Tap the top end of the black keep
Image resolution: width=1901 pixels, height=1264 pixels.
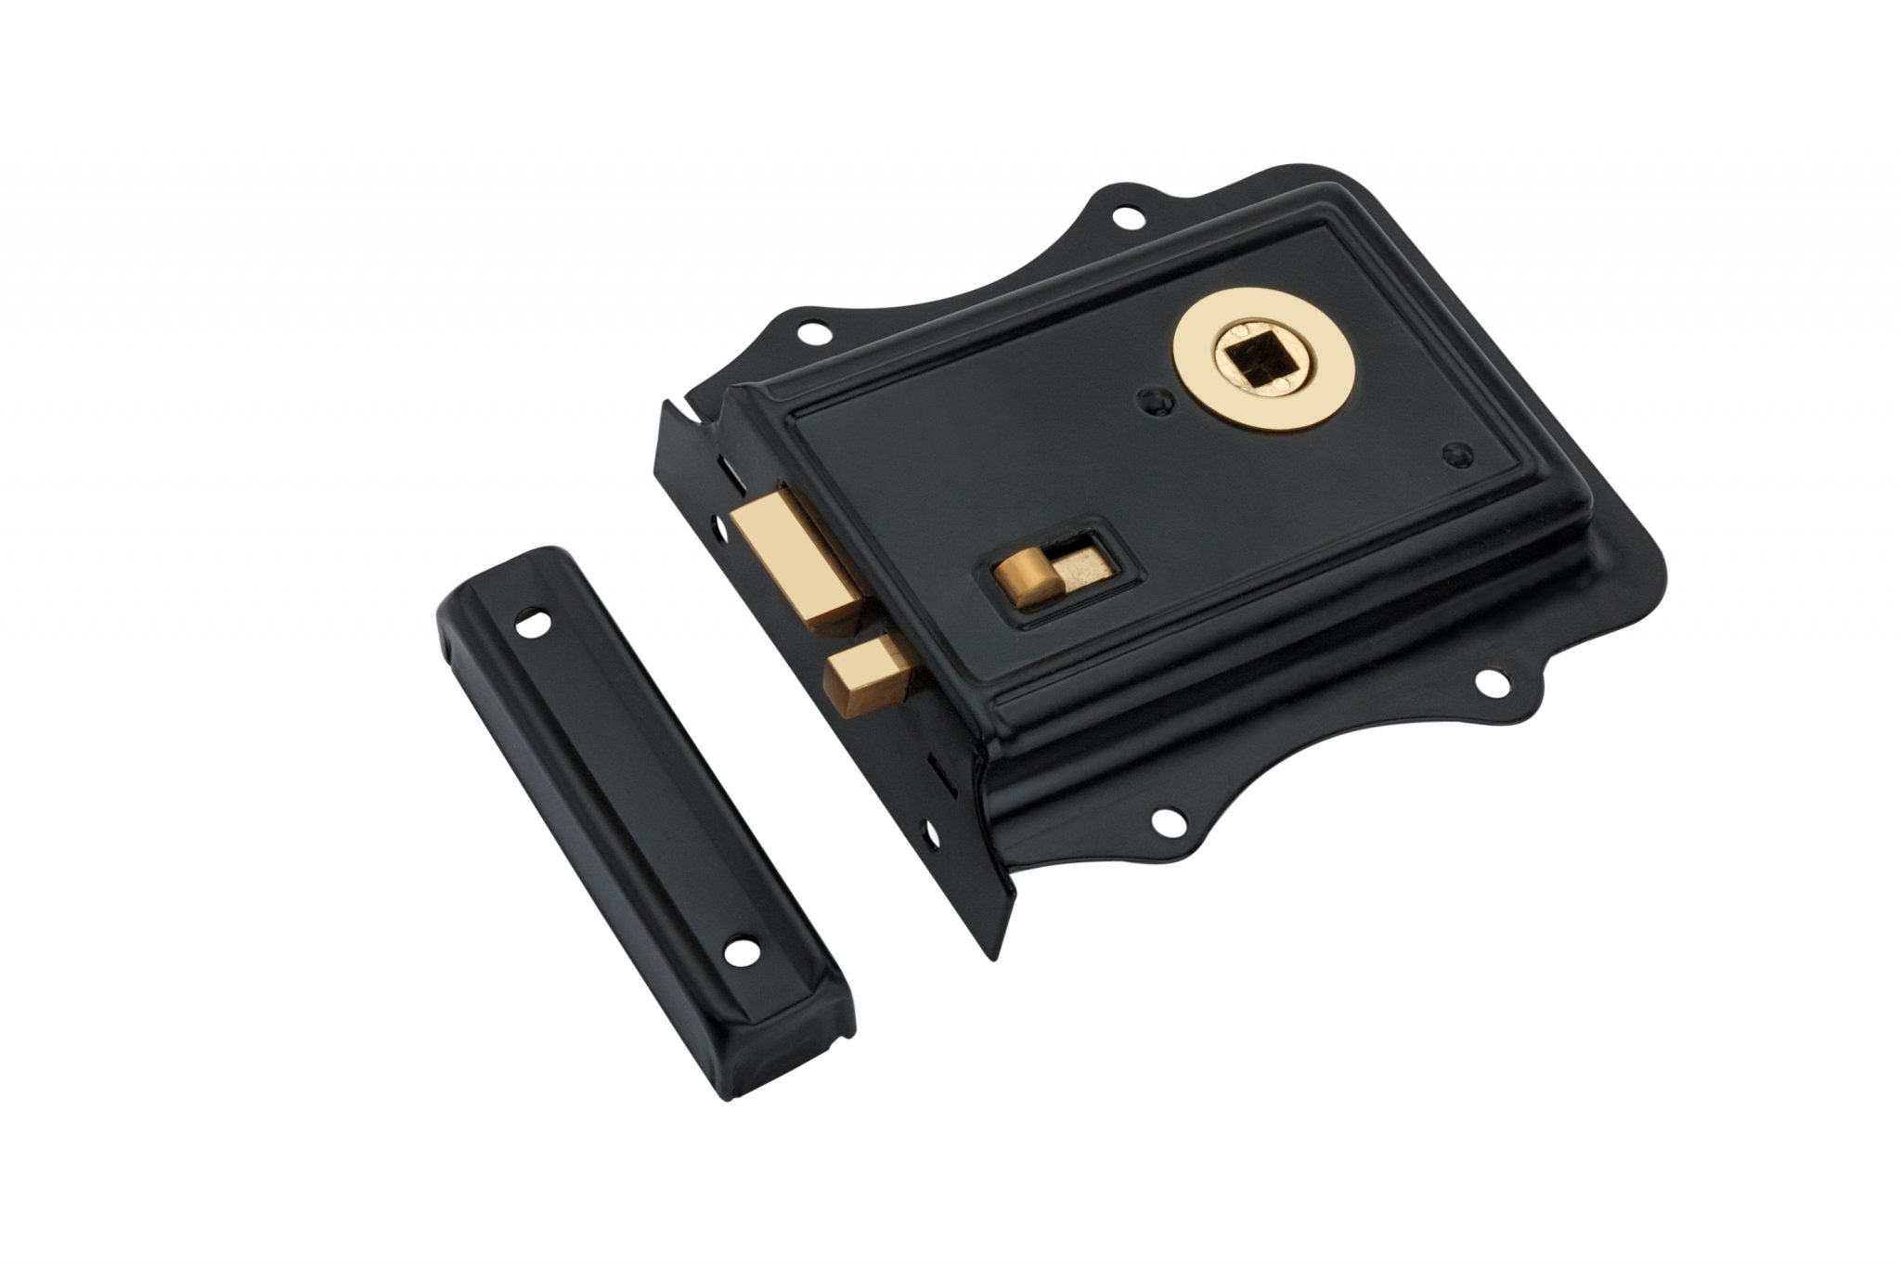pyautogui.click(x=492, y=561)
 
